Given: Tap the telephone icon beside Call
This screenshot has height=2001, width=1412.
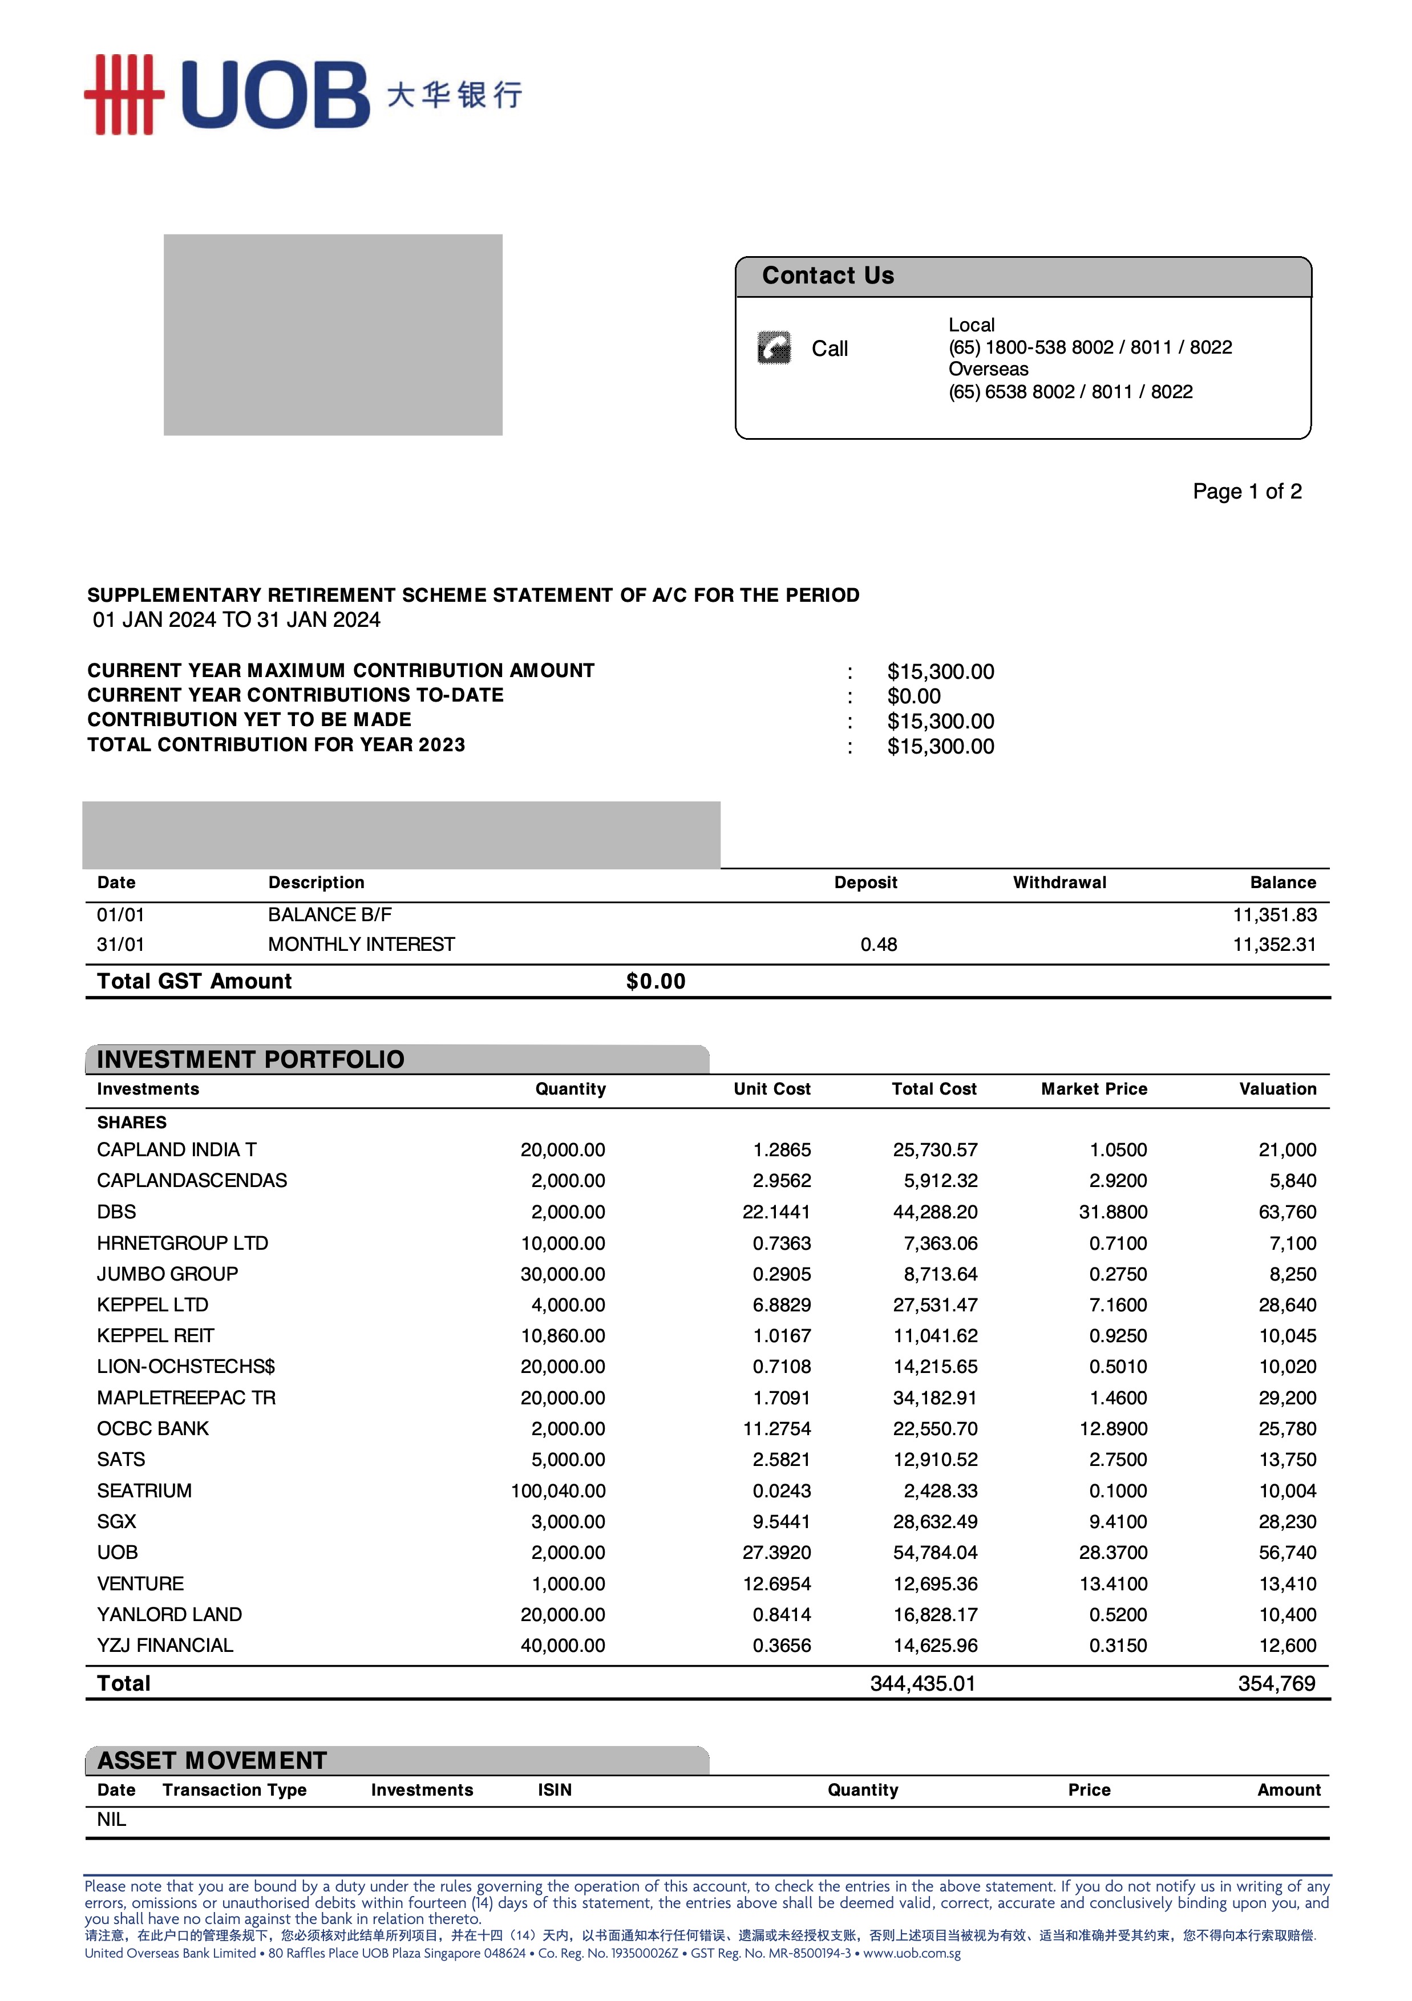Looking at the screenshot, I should coord(774,348).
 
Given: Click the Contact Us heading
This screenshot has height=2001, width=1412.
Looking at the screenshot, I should coord(827,276).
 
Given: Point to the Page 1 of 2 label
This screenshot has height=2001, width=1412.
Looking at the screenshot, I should coord(1247,492).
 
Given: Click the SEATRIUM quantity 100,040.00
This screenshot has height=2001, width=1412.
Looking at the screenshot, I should coord(558,1490).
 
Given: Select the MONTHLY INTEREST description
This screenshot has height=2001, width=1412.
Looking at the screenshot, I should coord(361,944).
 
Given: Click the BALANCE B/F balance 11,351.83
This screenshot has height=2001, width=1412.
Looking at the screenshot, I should coord(1273,914).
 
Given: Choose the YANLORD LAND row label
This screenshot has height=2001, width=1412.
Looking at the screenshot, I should coord(169,1614).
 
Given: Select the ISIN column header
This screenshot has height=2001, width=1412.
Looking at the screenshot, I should coord(555,1789).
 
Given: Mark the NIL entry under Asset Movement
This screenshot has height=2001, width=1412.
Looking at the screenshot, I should coord(112,1819).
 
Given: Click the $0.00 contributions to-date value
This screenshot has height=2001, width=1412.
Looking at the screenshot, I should coord(913,696).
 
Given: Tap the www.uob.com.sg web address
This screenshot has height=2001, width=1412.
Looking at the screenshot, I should coord(912,1953).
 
